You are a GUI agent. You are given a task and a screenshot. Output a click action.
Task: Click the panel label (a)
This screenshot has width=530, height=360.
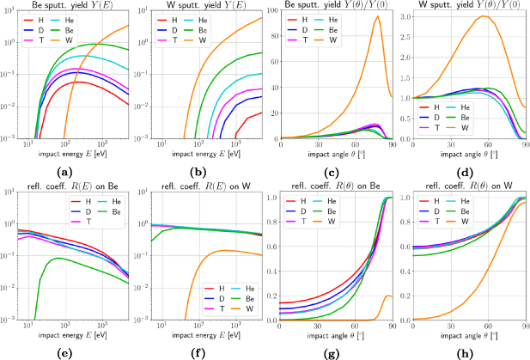pyautogui.click(x=76, y=171)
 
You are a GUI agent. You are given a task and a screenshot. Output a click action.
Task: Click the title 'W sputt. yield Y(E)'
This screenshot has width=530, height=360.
pyautogui.click(x=209, y=6)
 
